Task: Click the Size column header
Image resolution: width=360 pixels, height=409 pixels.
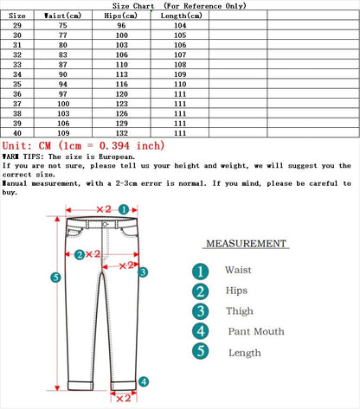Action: coord(18,16)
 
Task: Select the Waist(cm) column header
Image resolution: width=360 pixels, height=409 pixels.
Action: coord(65,16)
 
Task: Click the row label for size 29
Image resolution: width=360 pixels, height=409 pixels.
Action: coord(18,26)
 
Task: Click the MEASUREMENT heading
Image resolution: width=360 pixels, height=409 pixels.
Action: coord(245,245)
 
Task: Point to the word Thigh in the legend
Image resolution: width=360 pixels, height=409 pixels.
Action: coord(240,311)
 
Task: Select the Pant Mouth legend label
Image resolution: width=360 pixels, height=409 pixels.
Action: coord(256,332)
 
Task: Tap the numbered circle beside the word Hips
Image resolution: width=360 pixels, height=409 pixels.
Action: coord(201,291)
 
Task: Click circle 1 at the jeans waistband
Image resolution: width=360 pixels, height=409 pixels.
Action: coord(124,208)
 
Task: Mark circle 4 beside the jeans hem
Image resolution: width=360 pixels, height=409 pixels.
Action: coord(144,381)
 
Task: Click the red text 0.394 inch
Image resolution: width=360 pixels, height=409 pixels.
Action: coord(134,146)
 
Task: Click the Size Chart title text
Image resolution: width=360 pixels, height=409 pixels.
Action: coord(179,5)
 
